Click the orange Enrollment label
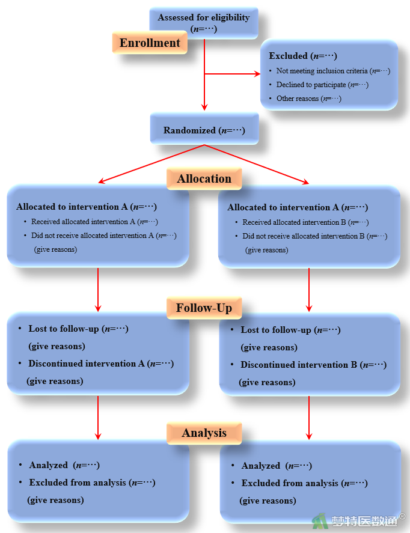(x=149, y=43)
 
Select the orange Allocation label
(x=204, y=179)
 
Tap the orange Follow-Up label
(x=204, y=308)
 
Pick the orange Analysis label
(x=204, y=433)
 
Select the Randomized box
(x=204, y=130)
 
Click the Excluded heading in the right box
(x=302, y=56)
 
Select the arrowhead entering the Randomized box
(x=204, y=108)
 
